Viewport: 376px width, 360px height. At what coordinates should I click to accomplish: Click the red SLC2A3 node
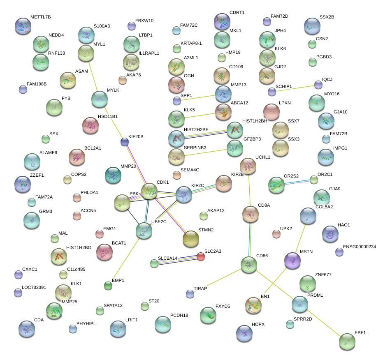200,257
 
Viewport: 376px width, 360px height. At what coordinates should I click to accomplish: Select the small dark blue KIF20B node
125,142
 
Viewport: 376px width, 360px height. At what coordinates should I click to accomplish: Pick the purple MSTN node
292,261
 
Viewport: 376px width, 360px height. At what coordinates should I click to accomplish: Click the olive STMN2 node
190,239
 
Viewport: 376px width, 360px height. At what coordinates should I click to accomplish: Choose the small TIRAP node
190,293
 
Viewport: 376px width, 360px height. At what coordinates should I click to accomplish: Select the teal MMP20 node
113,175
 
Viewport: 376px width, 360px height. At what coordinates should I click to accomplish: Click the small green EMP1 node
108,286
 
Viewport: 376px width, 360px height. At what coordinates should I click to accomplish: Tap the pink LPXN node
271,112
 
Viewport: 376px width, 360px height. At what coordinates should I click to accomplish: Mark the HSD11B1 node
91,126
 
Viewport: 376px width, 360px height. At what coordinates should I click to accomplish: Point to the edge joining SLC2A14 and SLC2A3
177,260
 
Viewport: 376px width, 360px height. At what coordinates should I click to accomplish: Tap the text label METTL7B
40,17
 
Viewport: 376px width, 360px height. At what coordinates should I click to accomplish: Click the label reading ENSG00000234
359,247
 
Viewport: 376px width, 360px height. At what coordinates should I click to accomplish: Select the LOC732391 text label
34,288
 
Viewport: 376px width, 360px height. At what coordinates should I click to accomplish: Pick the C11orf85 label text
76,270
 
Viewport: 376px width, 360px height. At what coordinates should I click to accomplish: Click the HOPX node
244,333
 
